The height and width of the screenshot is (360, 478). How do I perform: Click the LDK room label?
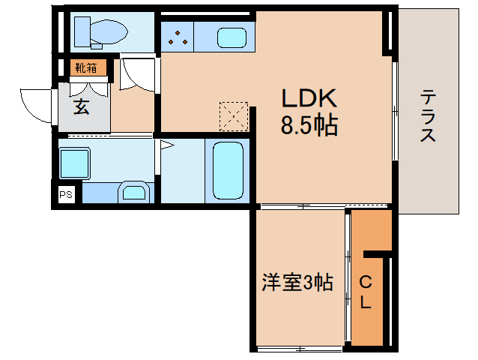coord(309,98)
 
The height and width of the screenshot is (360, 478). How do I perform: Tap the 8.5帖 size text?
coord(309,125)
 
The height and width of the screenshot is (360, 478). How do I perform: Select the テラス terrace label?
coord(429,116)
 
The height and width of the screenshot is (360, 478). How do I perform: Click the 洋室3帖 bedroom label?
coord(297,283)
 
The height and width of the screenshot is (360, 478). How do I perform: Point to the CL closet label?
coord(366,292)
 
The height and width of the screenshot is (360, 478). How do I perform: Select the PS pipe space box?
coord(66,194)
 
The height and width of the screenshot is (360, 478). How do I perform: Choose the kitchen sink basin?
coord(232,37)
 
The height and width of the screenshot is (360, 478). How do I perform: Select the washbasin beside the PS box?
coord(135,193)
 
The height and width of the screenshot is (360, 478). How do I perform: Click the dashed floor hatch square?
coord(235,115)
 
